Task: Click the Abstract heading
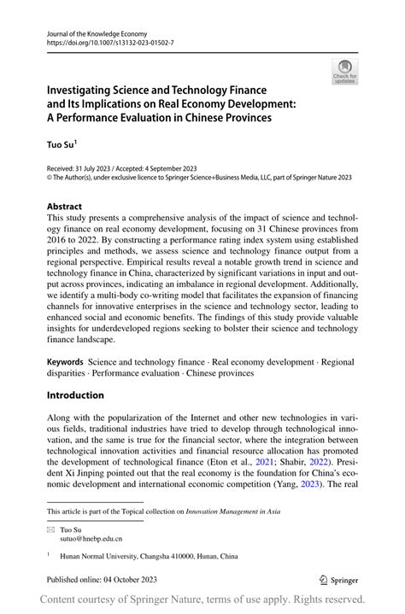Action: click(64, 207)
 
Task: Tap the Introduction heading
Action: click(75, 395)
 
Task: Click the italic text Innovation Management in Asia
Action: click(233, 512)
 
